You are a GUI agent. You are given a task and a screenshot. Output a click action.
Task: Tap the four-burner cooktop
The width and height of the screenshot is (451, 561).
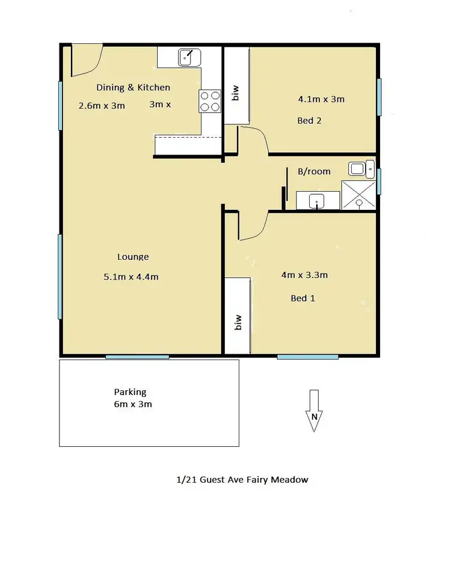coord(209,100)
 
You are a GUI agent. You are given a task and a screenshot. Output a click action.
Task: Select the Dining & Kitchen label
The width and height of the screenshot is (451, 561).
coord(133,87)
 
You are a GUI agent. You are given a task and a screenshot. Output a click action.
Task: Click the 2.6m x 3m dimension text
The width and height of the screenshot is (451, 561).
coord(102,105)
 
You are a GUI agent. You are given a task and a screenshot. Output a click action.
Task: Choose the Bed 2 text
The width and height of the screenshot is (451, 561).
coord(310,120)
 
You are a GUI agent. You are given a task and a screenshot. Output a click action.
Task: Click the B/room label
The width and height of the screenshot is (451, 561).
coord(314,171)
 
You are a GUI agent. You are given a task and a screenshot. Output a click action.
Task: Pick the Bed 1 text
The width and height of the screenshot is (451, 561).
coord(303,298)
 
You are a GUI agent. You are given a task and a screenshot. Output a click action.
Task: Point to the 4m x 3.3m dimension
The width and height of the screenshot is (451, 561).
coord(304,275)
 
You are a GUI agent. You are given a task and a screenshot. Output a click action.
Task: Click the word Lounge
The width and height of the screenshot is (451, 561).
coord(133,257)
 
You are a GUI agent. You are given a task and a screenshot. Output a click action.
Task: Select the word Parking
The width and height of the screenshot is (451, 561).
coord(132,392)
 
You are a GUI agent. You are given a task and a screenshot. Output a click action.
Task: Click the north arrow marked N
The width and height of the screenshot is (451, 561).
coord(313,411)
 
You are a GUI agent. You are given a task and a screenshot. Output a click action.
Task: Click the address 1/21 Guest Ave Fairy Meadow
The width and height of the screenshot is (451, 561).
coord(242,480)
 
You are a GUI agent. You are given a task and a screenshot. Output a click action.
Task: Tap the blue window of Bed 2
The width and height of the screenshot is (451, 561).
coord(378,97)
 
